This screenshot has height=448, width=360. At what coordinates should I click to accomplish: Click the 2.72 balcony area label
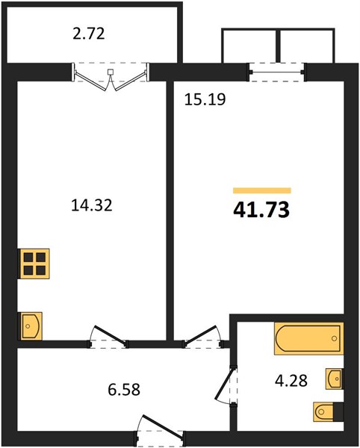89,34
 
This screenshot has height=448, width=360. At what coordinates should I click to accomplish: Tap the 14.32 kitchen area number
91,205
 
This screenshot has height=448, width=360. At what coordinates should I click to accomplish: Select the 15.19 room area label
205,99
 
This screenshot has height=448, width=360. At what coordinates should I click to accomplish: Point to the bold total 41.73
261,210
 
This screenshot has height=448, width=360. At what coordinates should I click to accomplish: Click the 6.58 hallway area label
124,390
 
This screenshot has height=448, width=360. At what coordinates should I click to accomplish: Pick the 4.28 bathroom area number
291,380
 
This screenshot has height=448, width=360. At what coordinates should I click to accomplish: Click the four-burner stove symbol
34,264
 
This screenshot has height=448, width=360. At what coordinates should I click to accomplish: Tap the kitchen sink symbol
30,326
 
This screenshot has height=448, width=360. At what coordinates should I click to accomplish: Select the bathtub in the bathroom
308,338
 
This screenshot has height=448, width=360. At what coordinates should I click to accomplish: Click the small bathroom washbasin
335,379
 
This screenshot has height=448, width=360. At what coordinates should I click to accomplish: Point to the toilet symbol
328,411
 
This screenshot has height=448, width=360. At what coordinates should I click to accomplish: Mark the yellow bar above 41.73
262,190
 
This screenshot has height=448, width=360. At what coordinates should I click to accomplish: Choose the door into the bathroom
224,385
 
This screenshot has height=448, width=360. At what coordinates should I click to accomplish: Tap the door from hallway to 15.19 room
202,335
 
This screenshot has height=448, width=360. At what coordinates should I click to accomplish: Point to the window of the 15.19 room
277,72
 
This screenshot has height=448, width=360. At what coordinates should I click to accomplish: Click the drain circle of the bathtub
334,338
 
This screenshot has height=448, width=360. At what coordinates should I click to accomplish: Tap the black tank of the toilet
338,411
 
